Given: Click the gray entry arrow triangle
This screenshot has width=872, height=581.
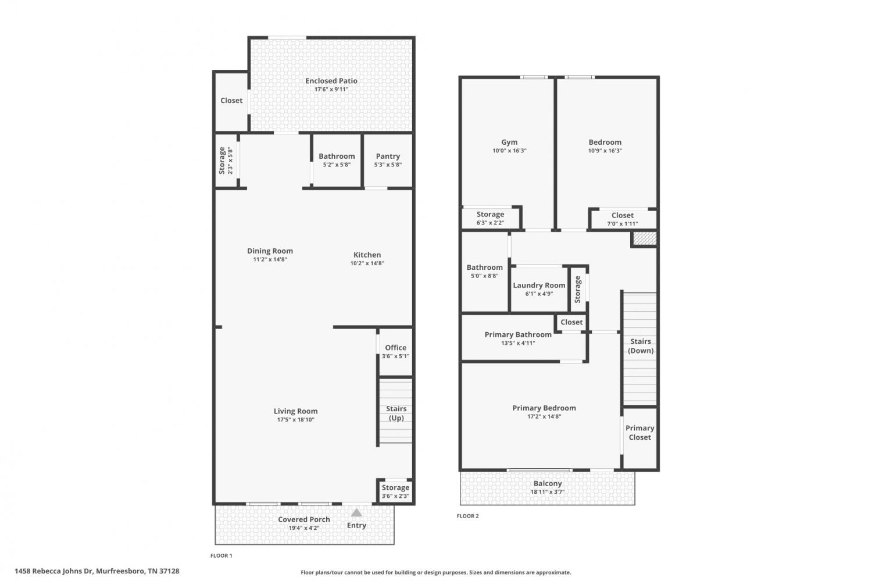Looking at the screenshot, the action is tap(356, 512).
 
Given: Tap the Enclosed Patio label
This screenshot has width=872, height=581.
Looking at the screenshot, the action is tap(331, 81).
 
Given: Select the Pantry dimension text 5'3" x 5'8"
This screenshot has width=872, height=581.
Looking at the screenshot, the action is tap(388, 165).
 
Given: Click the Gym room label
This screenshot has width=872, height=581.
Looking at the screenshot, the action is tap(509, 142).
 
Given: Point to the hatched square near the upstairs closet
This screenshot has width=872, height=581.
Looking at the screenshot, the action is tap(645, 238).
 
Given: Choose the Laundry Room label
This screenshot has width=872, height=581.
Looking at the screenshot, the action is tap(539, 286).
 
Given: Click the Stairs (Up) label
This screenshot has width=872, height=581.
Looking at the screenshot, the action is tap(396, 413).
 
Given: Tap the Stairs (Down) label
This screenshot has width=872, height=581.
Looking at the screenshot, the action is tap(641, 346).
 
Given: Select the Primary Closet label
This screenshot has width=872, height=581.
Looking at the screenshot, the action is tap(639, 433).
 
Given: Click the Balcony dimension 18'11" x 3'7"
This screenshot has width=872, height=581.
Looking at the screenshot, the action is tap(548, 492).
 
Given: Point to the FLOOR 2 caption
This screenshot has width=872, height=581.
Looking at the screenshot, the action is tap(467, 516).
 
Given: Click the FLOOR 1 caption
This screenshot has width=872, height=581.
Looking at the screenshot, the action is tap(221, 555).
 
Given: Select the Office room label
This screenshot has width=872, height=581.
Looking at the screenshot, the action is tap(395, 348).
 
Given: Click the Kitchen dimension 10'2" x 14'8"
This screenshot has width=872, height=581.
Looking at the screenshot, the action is tap(367, 263).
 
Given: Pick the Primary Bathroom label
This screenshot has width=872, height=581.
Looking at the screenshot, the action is tap(518, 334).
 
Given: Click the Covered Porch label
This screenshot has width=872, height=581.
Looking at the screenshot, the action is tap(304, 519).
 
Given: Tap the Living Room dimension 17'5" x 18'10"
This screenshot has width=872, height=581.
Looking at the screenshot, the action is tap(295, 420).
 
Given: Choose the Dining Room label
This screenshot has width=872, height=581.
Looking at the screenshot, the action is tap(270, 251).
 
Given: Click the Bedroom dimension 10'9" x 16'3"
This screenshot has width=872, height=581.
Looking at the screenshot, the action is tap(605, 151).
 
